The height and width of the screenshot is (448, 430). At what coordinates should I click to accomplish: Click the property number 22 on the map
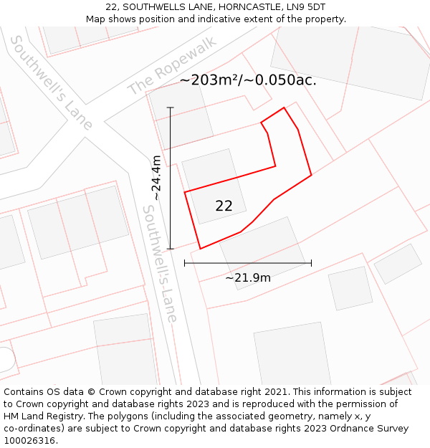224,206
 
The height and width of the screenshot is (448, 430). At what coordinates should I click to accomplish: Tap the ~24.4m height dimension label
156,178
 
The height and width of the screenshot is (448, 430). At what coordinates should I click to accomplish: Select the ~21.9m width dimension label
248,277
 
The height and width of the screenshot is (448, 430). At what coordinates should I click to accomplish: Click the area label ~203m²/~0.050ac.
248,80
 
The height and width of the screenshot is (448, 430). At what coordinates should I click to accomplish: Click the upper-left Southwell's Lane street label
51,82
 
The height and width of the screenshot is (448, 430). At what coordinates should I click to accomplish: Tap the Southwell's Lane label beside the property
160,263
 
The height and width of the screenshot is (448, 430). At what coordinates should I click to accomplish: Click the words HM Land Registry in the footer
41,416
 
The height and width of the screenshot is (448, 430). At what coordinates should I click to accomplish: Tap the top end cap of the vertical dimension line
170,108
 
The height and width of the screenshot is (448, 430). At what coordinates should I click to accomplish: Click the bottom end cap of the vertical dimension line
170,249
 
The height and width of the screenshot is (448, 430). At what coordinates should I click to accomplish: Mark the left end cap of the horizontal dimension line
185,263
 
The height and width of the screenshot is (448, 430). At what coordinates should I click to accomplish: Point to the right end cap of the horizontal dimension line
311,263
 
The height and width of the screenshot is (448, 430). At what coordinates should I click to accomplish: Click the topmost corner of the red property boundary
284,108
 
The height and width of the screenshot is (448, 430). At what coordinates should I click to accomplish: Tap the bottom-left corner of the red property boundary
200,249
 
